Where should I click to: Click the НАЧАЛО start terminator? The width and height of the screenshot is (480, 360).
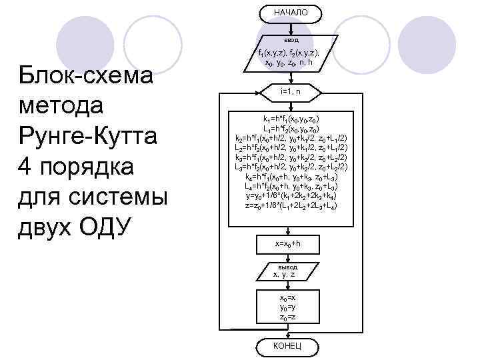point(290,13)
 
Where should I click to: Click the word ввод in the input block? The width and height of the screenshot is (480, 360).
point(290,39)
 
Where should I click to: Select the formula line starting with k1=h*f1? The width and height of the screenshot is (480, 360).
point(290,119)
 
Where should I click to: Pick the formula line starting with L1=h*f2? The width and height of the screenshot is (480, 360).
point(290,128)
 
